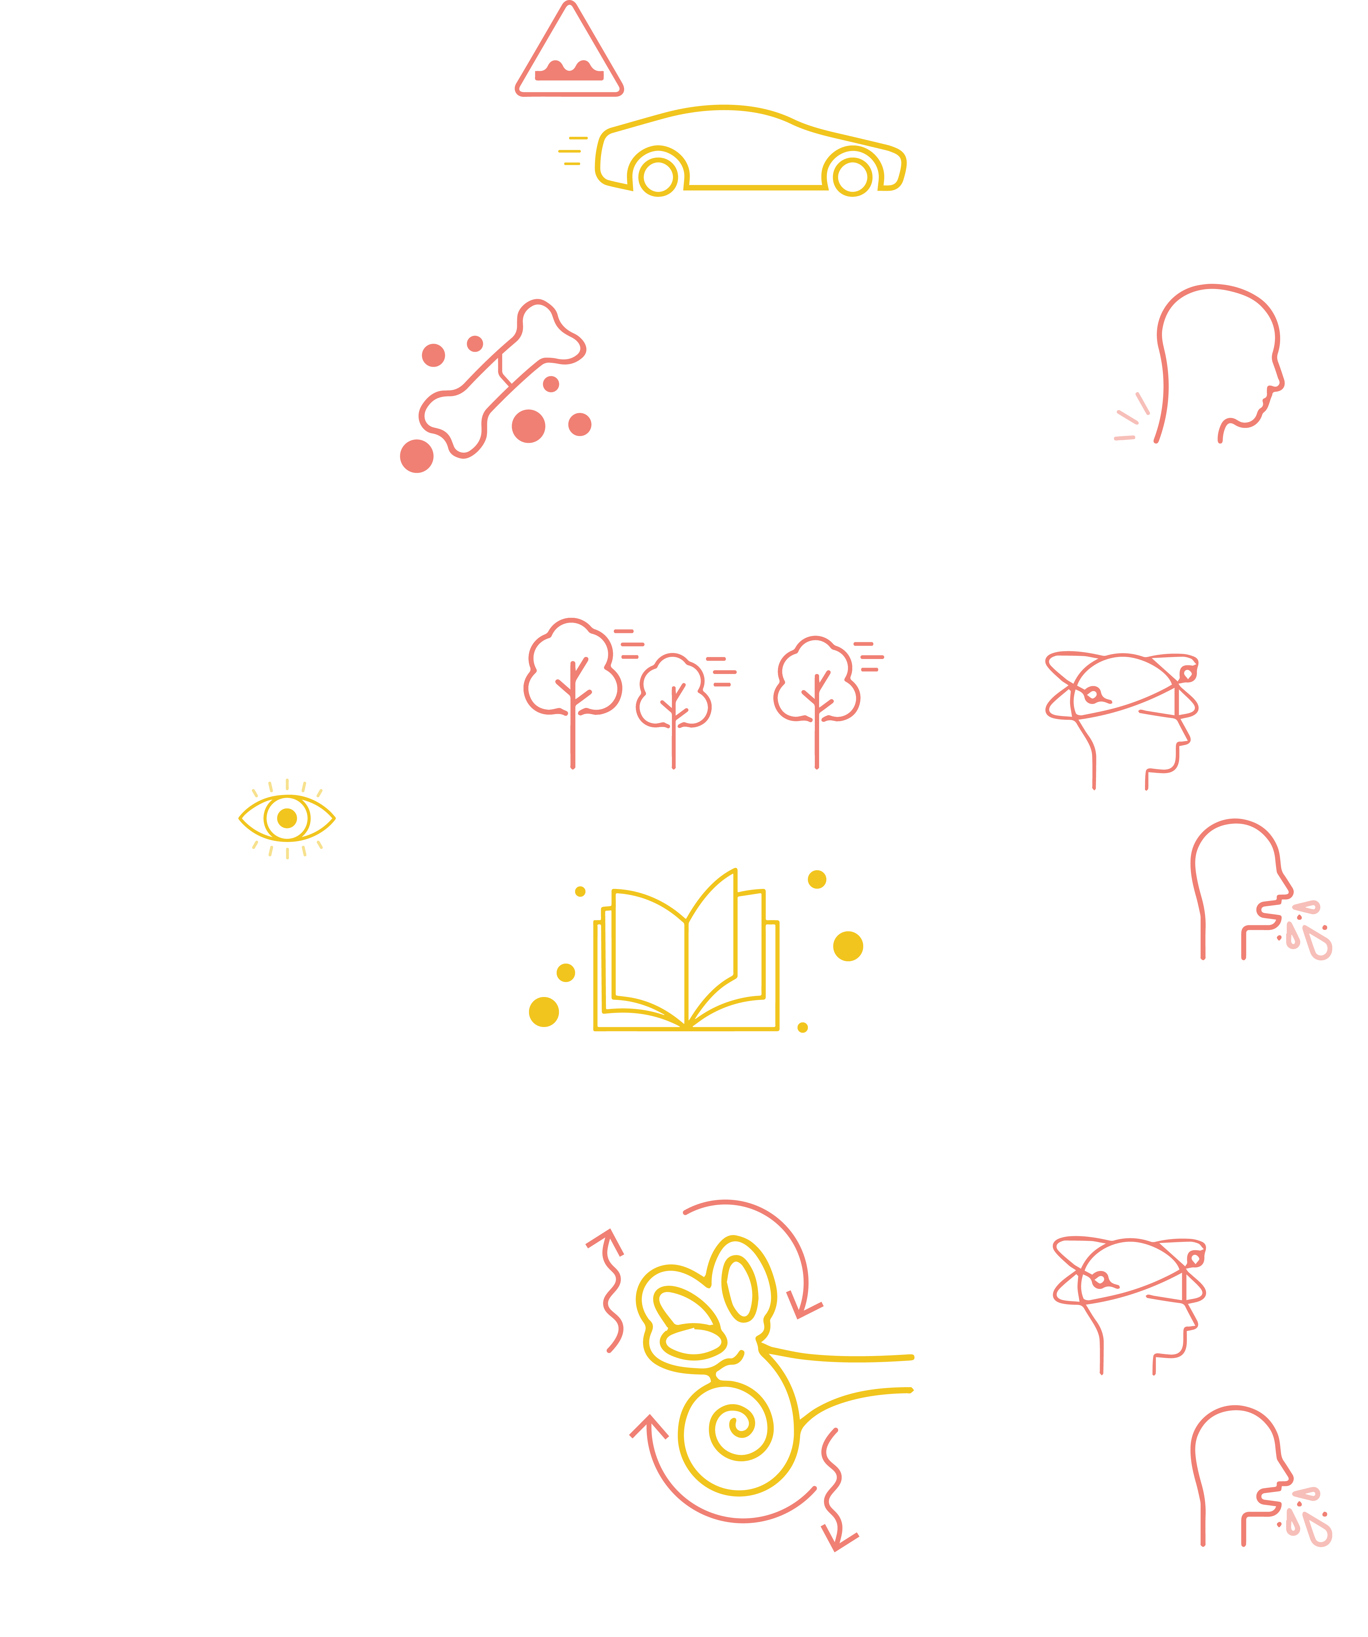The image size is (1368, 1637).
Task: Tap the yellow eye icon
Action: click(x=287, y=818)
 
